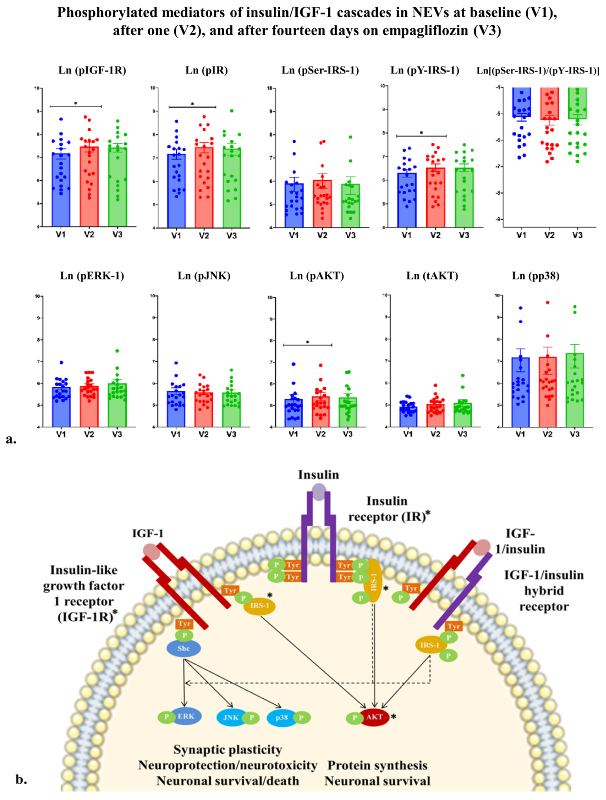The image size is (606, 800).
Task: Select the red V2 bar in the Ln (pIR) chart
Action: [x=204, y=188]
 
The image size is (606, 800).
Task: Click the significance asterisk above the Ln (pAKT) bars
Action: [x=308, y=342]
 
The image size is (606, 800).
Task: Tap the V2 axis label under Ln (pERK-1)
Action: [x=89, y=434]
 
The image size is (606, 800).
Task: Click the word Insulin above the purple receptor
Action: [x=318, y=475]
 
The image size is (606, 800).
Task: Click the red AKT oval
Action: [x=374, y=717]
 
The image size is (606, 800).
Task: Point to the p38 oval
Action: [x=281, y=717]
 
